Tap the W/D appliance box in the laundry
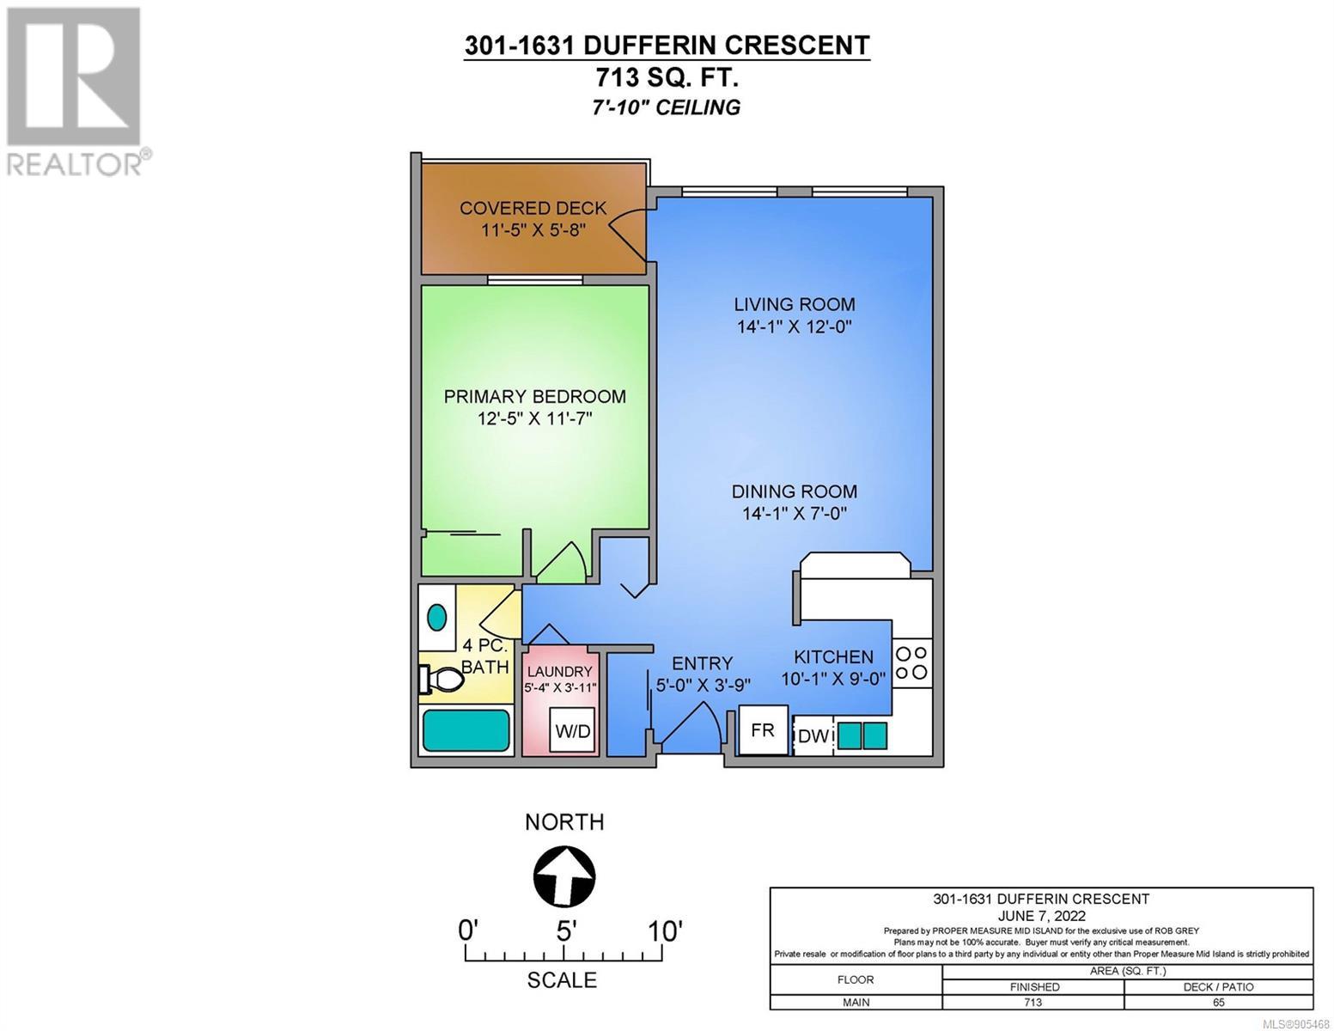[572, 729]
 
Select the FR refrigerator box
[763, 729]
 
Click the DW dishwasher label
[813, 735]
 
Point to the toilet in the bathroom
[442, 680]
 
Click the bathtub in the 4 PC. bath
[466, 731]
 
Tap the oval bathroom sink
[436, 617]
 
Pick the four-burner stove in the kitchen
[911, 663]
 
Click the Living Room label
[795, 304]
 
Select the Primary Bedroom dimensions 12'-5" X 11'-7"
[534, 418]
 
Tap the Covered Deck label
[533, 208]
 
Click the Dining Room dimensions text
[795, 513]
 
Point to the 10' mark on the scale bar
[665, 932]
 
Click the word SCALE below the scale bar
[562, 980]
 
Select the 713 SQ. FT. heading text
[667, 78]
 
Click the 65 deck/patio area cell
[1218, 1003]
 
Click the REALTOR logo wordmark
[74, 165]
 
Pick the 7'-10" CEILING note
[667, 107]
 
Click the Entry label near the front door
[703, 663]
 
